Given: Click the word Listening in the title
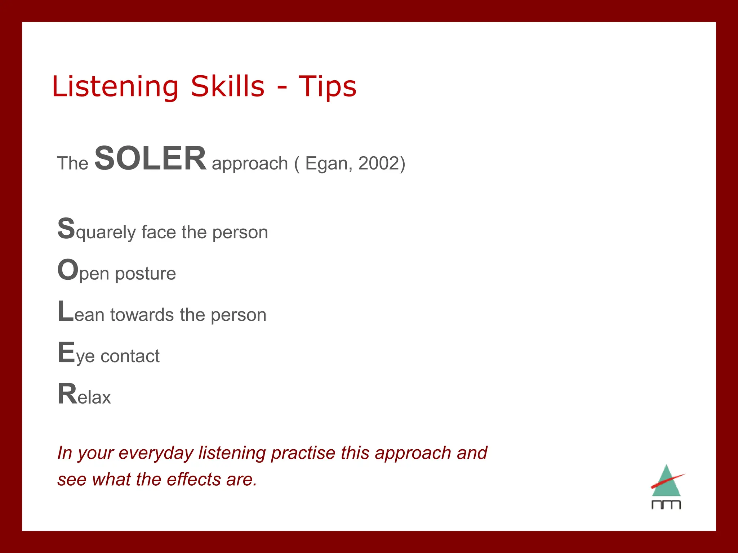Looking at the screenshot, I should tap(115, 87).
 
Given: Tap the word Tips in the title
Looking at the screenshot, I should tap(327, 87).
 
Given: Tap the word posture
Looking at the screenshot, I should tap(145, 274).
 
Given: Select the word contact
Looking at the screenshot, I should tap(130, 356).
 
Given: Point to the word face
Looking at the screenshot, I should tap(159, 232).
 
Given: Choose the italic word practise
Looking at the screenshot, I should tap(303, 453).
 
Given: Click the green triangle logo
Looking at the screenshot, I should tap(666, 482).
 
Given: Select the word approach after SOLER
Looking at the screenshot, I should tap(250, 164).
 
